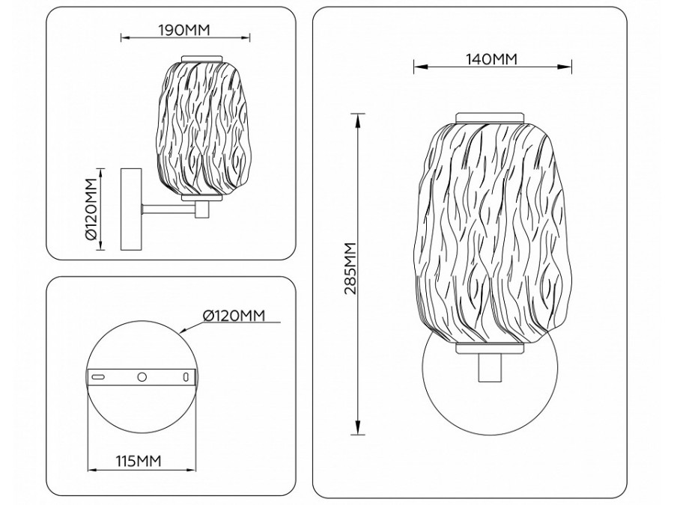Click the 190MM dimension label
coord(184,30)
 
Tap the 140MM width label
coord(492,59)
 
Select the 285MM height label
coord(350,269)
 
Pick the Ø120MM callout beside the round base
coord(234,316)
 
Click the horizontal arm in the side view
coord(169,209)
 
